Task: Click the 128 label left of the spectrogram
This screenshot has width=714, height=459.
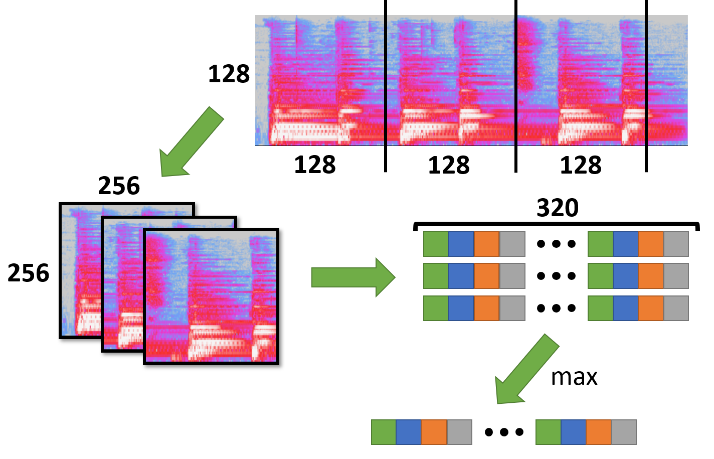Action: [x=229, y=74]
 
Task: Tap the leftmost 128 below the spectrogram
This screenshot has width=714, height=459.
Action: [x=314, y=165]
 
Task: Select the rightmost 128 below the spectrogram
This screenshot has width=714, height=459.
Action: [x=580, y=165]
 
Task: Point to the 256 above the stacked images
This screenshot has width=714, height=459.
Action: [x=119, y=186]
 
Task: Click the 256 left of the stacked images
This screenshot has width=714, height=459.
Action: [x=29, y=273]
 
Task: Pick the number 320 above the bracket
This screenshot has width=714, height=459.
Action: [x=558, y=208]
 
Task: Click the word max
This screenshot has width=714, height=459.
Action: [x=574, y=377]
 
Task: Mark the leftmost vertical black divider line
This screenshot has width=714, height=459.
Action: [x=386, y=85]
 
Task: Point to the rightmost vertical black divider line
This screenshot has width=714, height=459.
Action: [x=646, y=85]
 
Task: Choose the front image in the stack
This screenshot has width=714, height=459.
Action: [x=211, y=296]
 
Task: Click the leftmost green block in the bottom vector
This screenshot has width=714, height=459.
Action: [x=384, y=432]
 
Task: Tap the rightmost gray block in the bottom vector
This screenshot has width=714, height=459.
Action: [x=624, y=432]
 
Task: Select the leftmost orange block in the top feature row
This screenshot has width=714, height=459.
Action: [x=486, y=244]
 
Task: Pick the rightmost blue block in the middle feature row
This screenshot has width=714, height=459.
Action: [x=625, y=276]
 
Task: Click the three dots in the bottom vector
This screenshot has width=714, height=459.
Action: [x=504, y=432]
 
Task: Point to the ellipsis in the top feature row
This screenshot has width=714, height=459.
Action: [x=556, y=244]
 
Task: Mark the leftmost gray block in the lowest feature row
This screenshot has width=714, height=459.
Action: [x=512, y=308]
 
